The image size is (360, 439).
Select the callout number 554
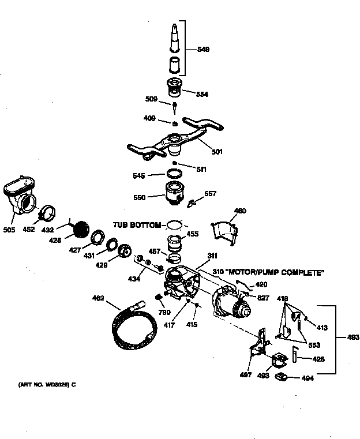pos(202,94)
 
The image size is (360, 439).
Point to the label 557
pos(211,194)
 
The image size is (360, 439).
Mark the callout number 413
pos(322,328)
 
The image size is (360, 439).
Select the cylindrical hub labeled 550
pos(174,193)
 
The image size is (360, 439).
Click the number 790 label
pos(164,312)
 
